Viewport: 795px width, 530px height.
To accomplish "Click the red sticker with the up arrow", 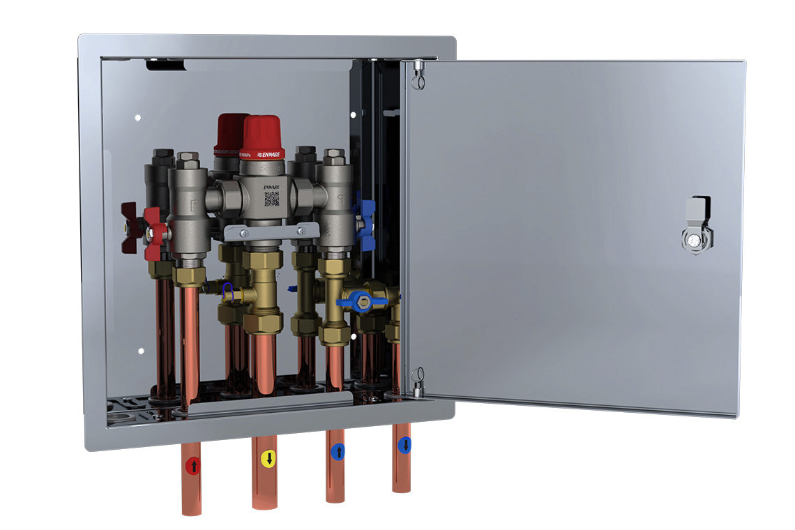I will [192, 464].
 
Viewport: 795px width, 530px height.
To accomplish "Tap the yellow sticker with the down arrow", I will [268, 458].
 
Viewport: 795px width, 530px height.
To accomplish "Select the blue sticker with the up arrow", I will [338, 452].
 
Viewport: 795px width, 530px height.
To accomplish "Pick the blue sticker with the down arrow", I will [404, 445].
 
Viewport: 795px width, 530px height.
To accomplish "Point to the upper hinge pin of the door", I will [418, 74].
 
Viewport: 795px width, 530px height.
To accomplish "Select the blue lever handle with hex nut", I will [362, 301].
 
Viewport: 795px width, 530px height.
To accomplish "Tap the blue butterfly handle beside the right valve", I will [365, 216].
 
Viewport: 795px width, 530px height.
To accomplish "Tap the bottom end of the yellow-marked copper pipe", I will [264, 504].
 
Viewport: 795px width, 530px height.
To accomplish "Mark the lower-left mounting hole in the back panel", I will [141, 351].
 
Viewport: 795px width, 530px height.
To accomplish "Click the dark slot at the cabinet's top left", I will [166, 65].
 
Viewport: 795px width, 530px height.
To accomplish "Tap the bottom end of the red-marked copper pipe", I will [191, 510].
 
